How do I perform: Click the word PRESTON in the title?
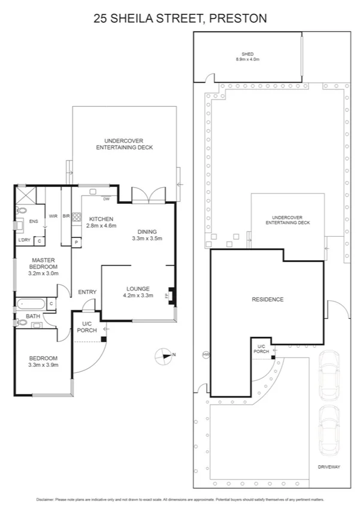237,19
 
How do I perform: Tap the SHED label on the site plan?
247,54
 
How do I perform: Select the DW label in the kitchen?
106,199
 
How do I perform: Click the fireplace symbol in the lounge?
173,295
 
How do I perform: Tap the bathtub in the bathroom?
31,304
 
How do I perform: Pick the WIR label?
53,216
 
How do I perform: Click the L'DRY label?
24,240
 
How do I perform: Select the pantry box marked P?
76,242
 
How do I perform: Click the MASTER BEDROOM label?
43,263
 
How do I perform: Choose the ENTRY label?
87,292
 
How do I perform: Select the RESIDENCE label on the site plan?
268,299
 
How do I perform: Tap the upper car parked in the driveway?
329,376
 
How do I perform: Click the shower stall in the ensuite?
26,195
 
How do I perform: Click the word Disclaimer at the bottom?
44,499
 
